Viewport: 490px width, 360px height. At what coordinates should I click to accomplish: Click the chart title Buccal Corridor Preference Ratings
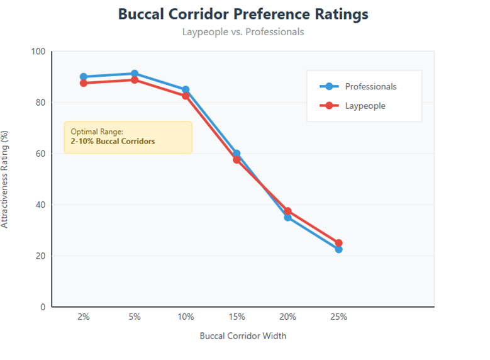[x=243, y=14]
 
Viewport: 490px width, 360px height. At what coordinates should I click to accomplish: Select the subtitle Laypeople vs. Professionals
[x=243, y=31]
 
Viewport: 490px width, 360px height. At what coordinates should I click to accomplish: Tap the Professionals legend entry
[x=370, y=86]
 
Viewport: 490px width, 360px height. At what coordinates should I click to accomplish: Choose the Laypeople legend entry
[x=365, y=106]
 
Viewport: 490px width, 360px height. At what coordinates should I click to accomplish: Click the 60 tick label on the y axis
[x=40, y=154]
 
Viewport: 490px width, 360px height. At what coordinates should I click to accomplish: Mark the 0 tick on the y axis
[x=43, y=307]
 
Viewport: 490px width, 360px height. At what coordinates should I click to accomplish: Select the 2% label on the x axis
[x=84, y=317]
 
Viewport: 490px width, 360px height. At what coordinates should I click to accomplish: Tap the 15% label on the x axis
[x=237, y=317]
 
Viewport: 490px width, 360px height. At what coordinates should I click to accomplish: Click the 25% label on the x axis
[x=338, y=317]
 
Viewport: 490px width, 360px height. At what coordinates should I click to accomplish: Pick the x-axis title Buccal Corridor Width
[x=243, y=335]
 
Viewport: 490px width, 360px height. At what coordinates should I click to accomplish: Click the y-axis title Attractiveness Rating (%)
[x=6, y=179]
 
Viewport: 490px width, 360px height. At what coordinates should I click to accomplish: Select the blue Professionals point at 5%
[x=135, y=74]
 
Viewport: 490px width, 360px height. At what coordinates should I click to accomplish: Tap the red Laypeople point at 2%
[x=84, y=83]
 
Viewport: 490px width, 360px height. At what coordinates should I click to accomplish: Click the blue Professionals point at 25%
[x=338, y=249]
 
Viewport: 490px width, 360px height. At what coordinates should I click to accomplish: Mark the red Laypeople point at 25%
[x=338, y=243]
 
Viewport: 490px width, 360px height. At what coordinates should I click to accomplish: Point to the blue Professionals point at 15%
[x=237, y=154]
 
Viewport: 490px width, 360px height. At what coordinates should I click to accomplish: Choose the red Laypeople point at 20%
[x=287, y=211]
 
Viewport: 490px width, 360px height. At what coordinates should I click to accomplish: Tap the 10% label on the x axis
[x=186, y=317]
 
